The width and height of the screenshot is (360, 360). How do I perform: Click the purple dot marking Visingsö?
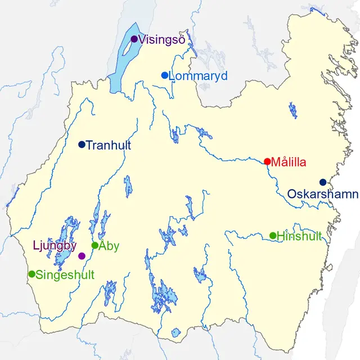(x=134, y=39)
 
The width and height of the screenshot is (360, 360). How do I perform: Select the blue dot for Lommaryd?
(x=165, y=75)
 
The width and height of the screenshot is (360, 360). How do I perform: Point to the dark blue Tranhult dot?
(x=82, y=145)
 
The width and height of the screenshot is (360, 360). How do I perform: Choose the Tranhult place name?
(x=109, y=145)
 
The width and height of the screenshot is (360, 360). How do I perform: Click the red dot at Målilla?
(x=267, y=161)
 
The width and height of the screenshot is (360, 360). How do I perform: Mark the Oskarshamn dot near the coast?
(x=323, y=182)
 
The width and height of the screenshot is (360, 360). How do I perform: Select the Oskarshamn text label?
(x=322, y=194)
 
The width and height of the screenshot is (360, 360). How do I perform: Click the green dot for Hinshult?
(x=273, y=235)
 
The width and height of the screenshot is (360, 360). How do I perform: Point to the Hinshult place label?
(x=299, y=236)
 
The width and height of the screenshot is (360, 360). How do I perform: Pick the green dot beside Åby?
(x=95, y=245)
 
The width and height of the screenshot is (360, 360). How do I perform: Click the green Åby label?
(x=109, y=246)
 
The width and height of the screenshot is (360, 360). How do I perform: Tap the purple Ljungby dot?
(x=82, y=256)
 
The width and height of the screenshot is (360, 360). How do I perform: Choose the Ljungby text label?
(x=54, y=246)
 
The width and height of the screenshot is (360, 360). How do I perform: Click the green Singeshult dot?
(x=31, y=274)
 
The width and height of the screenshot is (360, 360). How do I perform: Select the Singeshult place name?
(x=65, y=275)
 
